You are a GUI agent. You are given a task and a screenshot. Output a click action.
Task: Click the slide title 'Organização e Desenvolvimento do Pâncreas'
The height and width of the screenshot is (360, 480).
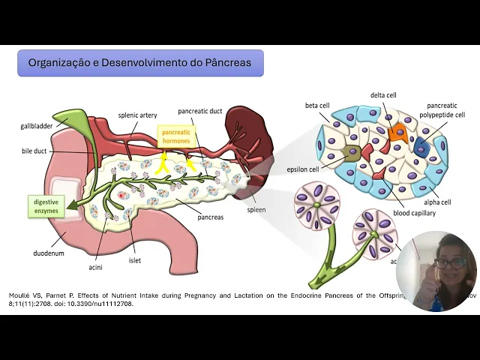tap(140, 62)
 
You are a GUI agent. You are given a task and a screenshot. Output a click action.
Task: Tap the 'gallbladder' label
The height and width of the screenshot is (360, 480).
tap(36, 126)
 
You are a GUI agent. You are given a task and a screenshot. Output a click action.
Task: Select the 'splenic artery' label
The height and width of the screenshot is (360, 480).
tap(136, 116)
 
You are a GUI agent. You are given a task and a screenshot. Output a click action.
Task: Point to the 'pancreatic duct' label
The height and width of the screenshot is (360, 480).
tap(199, 111)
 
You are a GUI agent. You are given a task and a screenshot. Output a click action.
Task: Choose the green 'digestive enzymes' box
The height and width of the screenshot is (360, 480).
tap(46, 206)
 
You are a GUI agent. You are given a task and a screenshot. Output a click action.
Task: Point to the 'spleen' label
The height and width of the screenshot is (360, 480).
tap(256, 210)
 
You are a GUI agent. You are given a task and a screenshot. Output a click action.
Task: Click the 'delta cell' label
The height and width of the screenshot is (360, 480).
tap(383, 95)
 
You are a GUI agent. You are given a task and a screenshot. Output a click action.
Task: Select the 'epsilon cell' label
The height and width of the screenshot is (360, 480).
tap(303, 169)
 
